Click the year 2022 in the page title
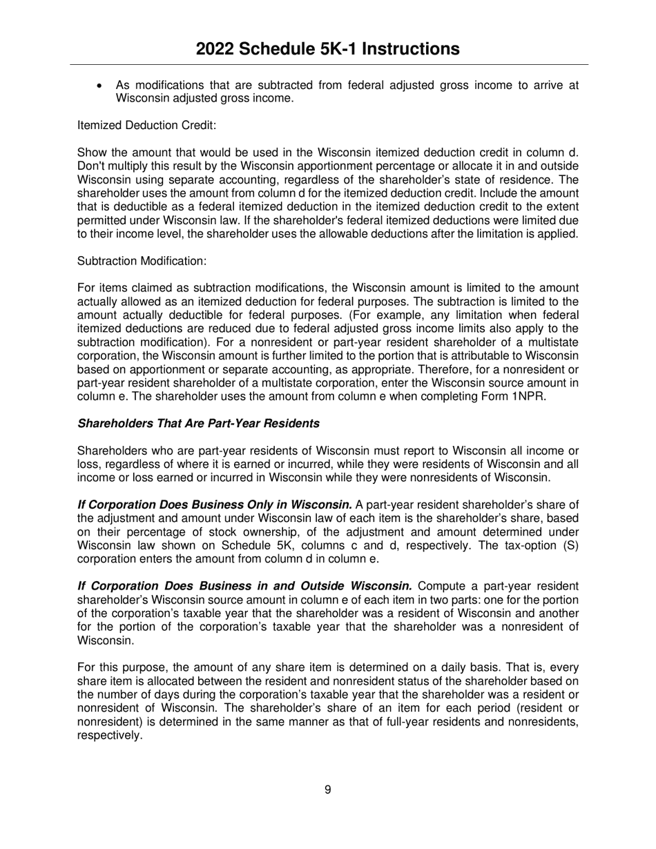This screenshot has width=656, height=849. pos(215,49)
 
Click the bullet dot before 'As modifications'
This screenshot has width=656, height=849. pos(101,86)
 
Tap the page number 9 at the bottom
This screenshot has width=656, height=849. pos(327,790)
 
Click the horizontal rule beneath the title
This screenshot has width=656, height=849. pos(327,65)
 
